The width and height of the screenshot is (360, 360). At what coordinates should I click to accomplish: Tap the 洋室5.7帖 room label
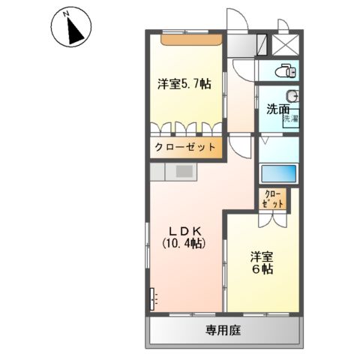coord(184,85)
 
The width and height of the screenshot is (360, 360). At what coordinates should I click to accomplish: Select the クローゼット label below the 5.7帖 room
coord(185,148)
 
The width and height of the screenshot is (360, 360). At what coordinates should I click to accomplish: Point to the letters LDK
coord(183,231)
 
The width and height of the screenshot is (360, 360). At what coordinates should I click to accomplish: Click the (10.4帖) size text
coord(184,244)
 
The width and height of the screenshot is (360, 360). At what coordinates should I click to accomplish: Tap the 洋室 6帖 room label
coord(262,262)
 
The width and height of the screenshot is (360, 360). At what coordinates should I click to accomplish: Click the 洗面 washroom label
coord(277,109)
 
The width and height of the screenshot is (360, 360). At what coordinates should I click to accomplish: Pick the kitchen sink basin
coord(184,171)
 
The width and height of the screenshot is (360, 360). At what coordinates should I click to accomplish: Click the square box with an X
coord(286,44)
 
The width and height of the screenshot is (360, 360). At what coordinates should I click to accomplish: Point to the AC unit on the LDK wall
coord(154,298)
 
